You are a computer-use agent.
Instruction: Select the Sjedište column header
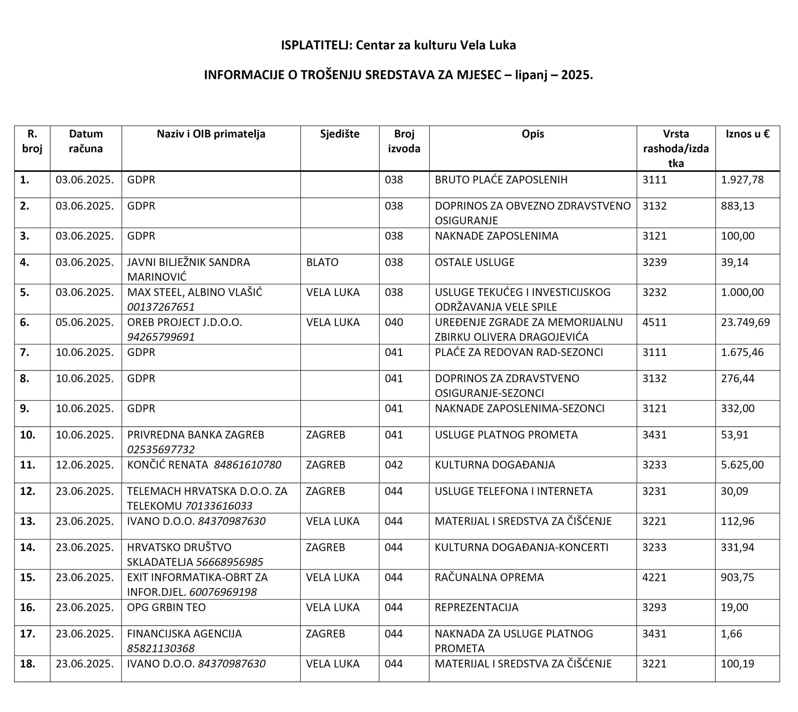coord(339,134)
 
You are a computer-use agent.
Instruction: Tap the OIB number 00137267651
coord(161,307)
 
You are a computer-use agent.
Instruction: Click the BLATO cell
coord(322,262)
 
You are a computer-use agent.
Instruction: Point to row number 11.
coord(27,465)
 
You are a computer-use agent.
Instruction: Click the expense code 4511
coord(654,322)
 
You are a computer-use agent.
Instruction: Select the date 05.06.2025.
coord(84,322)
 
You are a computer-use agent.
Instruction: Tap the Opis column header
coord(532,134)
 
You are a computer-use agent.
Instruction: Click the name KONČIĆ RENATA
coord(168,465)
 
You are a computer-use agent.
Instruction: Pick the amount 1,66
coord(731,634)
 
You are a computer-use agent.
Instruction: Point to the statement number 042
coord(393,465)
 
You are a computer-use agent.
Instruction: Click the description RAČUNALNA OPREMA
coord(489,577)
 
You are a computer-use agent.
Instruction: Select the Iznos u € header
coord(748,134)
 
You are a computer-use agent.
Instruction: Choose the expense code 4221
coord(654,577)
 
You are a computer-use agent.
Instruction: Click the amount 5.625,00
coord(742,465)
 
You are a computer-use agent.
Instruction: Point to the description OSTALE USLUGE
coord(474,262)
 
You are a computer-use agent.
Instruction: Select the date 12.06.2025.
coord(84,465)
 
